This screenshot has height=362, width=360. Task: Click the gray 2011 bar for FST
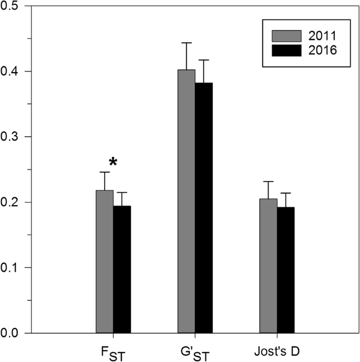click(105, 262)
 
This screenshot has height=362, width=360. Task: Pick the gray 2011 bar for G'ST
click(186, 201)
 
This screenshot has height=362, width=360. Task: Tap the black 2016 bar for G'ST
click(204, 208)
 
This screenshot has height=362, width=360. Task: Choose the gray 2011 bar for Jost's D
click(268, 266)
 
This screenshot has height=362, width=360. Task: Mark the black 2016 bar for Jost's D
click(285, 270)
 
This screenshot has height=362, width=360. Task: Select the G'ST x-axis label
click(195, 351)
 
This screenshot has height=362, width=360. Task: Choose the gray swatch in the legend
click(286, 36)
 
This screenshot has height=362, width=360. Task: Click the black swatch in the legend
click(286, 50)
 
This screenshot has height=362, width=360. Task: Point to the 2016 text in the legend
click(322, 50)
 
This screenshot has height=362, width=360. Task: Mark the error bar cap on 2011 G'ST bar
click(186, 43)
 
